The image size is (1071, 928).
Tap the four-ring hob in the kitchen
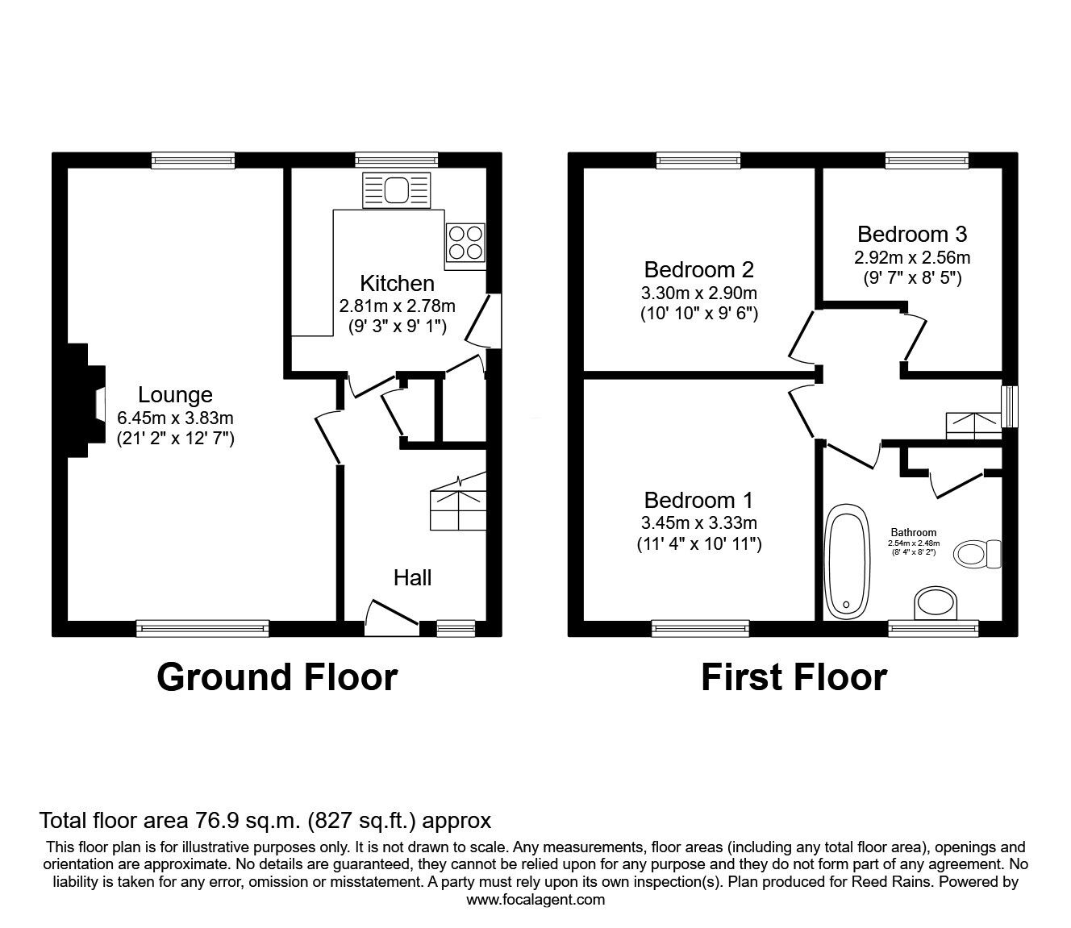coord(465,242)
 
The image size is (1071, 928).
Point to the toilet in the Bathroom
coord(977,554)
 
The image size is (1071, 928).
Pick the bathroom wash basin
coord(936,602)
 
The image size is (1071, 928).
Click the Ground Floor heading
coord(277,676)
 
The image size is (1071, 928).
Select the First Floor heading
coord(794,676)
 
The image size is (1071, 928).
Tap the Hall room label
coord(412,577)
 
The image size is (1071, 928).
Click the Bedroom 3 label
coord(912,234)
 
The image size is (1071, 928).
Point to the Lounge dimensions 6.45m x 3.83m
coord(175,418)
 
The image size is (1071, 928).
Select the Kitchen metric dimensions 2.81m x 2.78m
coord(397,306)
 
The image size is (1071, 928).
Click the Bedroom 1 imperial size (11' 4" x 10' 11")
coord(699,544)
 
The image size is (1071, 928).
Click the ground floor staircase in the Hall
coord(458,503)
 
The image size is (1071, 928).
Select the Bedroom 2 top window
coord(698,160)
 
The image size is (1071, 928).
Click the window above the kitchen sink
coord(397,160)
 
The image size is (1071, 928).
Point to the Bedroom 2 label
coord(699,269)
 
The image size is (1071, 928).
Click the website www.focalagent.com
coord(535,900)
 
